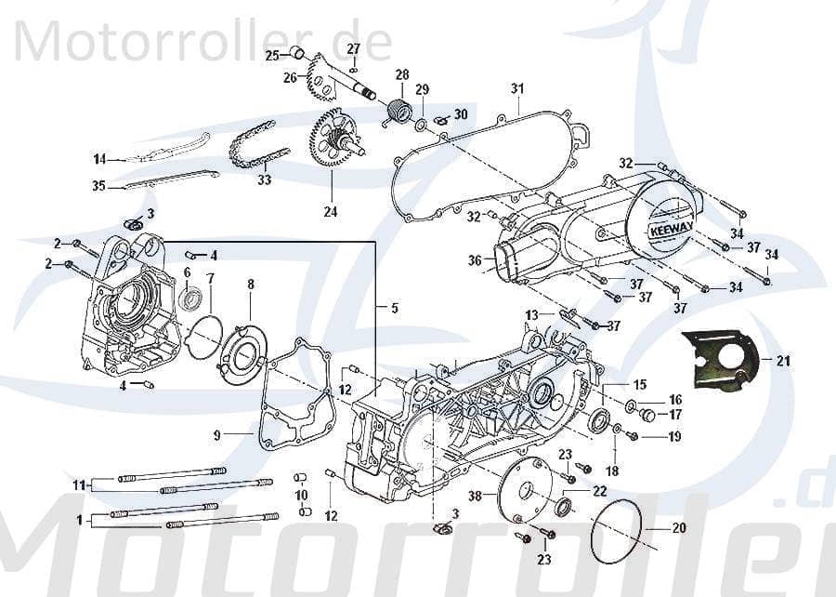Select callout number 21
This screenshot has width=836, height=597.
[783, 362]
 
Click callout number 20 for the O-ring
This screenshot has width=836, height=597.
[678, 528]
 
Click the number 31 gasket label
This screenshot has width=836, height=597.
[517, 88]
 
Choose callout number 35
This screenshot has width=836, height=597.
[98, 186]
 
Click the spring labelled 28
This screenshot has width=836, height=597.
[399, 112]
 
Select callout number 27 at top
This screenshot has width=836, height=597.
[354, 48]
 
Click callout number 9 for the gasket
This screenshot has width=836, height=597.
[216, 434]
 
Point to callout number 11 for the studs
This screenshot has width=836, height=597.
[80, 484]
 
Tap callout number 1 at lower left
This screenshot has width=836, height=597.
[80, 519]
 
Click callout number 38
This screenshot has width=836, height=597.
[476, 497]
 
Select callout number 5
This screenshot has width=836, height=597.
[394, 308]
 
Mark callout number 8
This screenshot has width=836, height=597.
[250, 284]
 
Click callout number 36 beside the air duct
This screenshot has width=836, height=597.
[475, 261]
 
